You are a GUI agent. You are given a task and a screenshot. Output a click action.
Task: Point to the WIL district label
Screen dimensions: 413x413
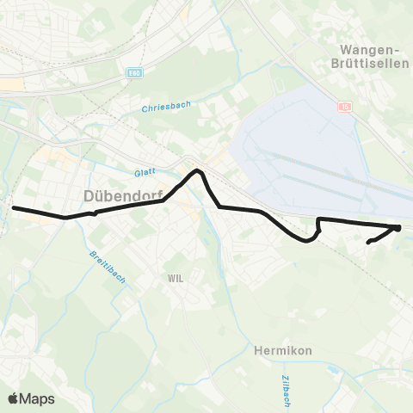(176, 278)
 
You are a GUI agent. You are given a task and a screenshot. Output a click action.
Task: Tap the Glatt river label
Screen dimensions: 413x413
(144, 172)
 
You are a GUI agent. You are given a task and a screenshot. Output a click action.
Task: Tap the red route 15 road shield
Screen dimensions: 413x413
(345, 106)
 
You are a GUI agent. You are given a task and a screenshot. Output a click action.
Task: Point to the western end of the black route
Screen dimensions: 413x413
(12, 207)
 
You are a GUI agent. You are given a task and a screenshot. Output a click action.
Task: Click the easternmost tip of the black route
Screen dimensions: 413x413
(400, 227)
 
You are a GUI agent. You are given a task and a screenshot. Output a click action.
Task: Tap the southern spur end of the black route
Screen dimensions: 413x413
(368, 243)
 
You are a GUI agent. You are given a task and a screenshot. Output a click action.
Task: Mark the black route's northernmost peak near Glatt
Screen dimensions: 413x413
(198, 170)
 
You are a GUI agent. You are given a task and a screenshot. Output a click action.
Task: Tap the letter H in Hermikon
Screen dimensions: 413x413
(258, 350)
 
